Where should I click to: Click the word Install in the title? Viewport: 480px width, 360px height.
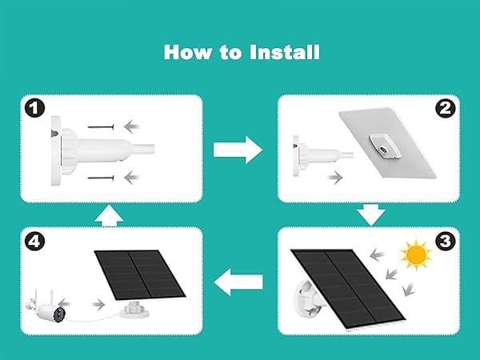(x=285, y=52)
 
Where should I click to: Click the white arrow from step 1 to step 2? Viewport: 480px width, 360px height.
(x=238, y=148)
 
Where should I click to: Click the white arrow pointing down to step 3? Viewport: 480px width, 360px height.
(x=370, y=214)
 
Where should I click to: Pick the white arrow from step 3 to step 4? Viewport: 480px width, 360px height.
(x=239, y=280)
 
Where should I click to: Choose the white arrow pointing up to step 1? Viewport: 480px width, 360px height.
(x=107, y=214)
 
